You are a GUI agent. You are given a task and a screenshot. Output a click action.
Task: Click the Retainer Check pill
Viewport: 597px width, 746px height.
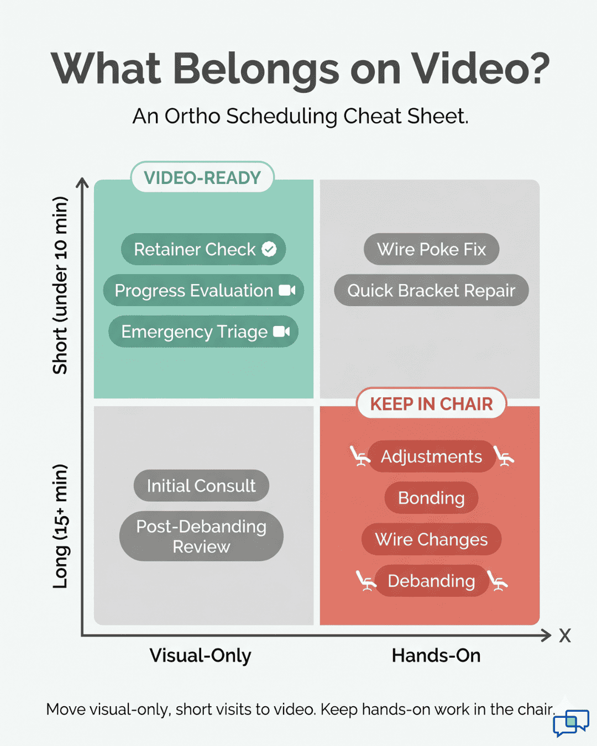[x=202, y=249]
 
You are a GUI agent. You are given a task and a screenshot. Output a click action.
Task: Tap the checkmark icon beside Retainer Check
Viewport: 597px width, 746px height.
[x=269, y=249]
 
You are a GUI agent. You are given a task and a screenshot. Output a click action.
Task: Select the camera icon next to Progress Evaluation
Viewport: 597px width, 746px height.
[x=287, y=290]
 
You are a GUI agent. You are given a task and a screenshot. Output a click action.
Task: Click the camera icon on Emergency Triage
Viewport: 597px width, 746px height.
[x=281, y=332]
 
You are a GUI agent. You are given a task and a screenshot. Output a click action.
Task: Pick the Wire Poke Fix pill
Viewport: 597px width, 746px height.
[x=431, y=249]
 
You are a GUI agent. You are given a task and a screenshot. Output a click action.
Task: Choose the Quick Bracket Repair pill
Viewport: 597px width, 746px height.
[x=431, y=290]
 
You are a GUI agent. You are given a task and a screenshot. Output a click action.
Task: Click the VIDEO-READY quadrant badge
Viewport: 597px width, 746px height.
[x=202, y=177]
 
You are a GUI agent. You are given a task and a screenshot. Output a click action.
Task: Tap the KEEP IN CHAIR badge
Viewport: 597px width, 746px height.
[x=431, y=403]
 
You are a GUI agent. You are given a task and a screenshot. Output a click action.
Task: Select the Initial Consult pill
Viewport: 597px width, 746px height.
[x=201, y=486]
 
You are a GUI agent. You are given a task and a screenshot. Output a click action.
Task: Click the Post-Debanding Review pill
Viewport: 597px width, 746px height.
[x=201, y=536]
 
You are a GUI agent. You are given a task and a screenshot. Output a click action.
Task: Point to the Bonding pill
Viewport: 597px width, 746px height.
[x=431, y=498]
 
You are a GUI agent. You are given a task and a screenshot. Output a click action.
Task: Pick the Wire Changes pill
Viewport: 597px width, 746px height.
[x=431, y=539]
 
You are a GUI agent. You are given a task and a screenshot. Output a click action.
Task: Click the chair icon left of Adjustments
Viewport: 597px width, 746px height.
[x=359, y=456]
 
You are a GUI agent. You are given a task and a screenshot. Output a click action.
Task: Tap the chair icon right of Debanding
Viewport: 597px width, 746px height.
[x=498, y=581]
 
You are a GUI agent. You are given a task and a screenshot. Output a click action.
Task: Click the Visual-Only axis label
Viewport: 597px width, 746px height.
[x=200, y=655]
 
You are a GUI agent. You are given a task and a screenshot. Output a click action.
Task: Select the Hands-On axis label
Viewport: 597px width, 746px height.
[x=436, y=655]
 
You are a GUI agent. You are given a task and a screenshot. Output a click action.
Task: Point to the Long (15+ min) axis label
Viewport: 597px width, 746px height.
[x=60, y=526]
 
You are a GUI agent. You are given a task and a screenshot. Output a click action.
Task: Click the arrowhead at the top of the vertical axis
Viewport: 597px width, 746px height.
[x=82, y=182]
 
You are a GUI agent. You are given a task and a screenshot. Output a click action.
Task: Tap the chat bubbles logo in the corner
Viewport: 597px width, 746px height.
[x=571, y=723]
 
